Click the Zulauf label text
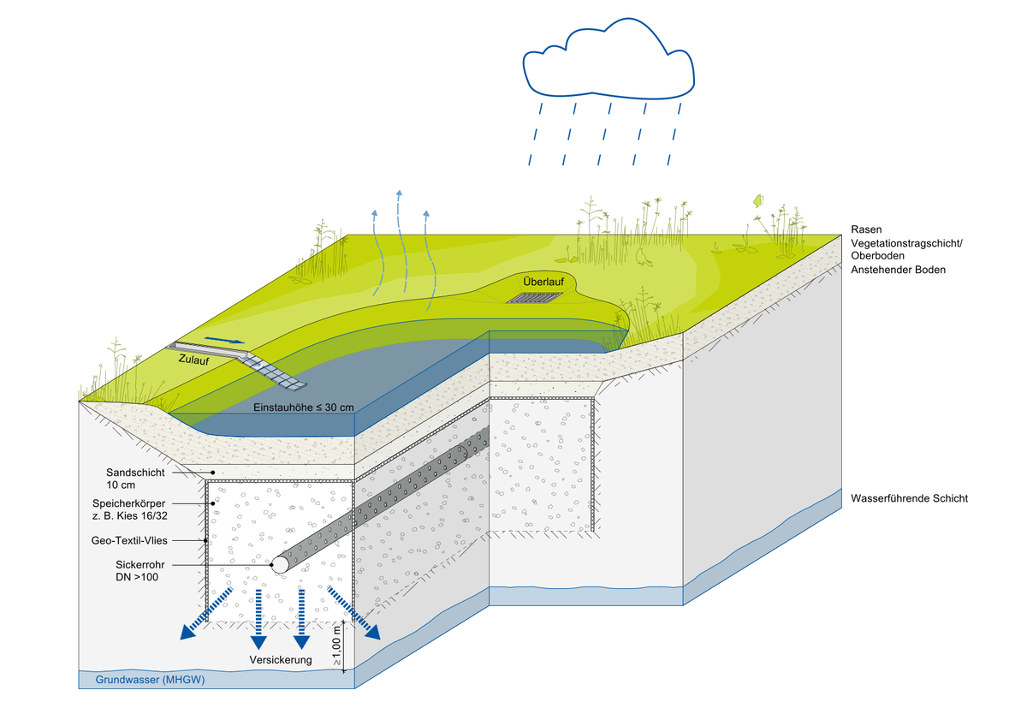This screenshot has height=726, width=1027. (194, 361)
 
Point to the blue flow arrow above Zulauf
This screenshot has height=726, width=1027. (231, 341)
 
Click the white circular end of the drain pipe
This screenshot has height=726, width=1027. (279, 565)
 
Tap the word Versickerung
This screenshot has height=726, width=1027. (281, 661)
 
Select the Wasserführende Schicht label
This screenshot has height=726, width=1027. (910, 497)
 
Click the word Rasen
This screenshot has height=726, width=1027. (866, 229)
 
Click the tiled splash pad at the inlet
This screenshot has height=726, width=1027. (276, 371)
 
